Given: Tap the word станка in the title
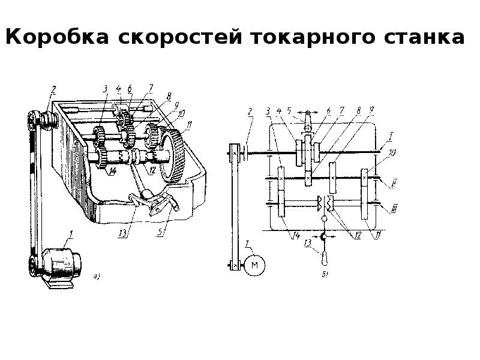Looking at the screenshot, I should pos(422,38).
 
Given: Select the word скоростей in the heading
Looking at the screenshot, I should pos(178,38).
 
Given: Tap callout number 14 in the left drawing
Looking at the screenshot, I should pos(111,171).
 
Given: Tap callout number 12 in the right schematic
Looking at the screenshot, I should pos(358,235).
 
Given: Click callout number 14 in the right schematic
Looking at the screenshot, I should pos(296,235).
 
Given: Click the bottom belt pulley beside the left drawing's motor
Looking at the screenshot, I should pos(32,265).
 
